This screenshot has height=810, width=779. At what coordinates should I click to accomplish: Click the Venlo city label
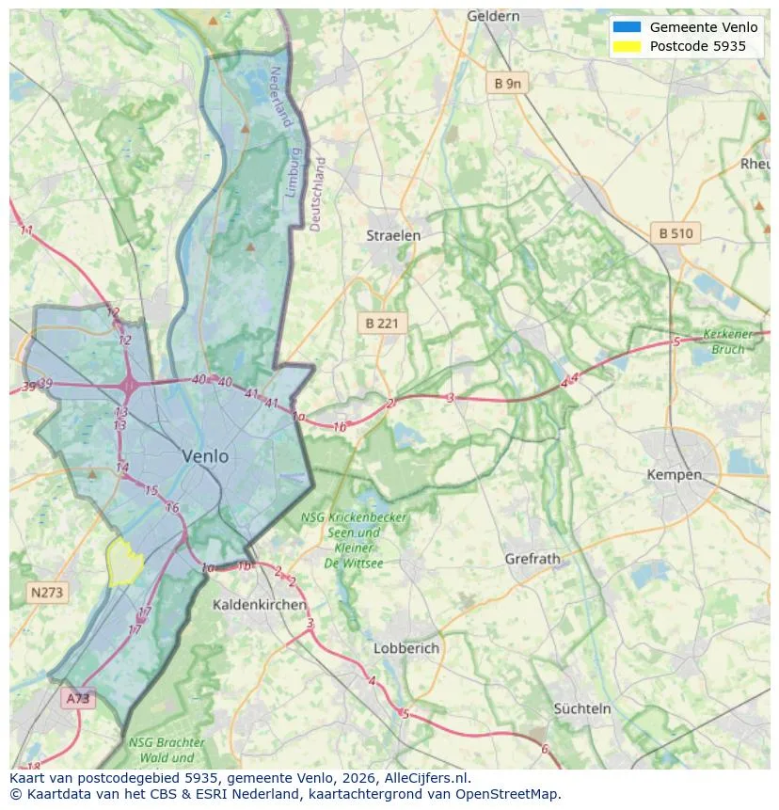[205, 456]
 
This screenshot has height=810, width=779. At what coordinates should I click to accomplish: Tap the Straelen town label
[393, 236]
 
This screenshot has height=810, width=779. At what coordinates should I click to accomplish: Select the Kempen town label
[674, 475]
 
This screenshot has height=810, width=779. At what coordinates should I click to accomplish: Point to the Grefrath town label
[532, 559]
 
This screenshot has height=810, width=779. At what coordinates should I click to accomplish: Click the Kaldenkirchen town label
[259, 604]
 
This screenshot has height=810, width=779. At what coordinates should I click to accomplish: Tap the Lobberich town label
[405, 648]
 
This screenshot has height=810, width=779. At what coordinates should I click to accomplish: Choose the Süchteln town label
[582, 708]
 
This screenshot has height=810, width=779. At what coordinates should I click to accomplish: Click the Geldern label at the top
[493, 16]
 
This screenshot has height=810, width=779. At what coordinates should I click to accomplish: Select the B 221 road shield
[382, 323]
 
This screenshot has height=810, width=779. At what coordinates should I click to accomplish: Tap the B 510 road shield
[676, 233]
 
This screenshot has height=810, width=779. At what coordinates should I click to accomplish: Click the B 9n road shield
[507, 84]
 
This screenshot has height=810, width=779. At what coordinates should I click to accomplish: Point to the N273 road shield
[47, 593]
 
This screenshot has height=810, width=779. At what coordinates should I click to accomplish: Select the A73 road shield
[78, 698]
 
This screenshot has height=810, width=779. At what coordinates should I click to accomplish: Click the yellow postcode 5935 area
[124, 562]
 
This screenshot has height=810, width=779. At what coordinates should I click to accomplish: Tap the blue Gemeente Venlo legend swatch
[626, 27]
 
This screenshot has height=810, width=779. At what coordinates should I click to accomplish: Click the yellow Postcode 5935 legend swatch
[626, 46]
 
